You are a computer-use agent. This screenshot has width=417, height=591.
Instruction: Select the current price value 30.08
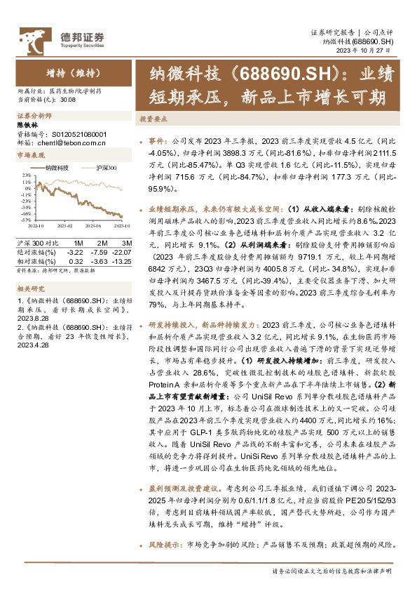(69, 100)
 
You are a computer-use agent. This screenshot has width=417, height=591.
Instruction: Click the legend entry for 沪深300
(107, 168)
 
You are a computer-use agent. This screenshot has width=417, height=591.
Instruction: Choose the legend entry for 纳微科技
(57, 168)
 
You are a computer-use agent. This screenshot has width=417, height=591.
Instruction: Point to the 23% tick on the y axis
(25, 175)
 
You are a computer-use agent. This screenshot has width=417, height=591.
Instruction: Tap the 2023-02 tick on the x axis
(65, 225)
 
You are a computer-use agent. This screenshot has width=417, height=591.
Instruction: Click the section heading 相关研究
(29, 288)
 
